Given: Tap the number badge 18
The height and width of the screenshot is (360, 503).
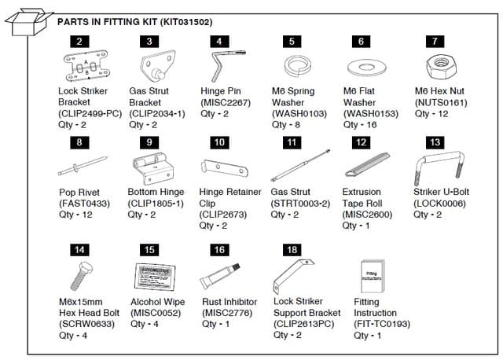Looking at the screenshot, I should tap(293, 249).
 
